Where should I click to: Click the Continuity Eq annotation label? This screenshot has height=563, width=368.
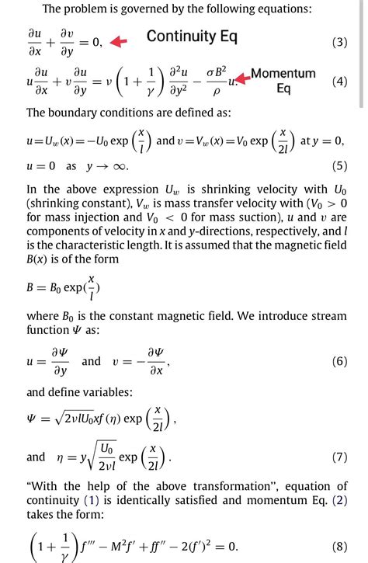(x=192, y=36)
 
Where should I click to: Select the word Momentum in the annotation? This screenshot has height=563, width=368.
(x=283, y=73)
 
